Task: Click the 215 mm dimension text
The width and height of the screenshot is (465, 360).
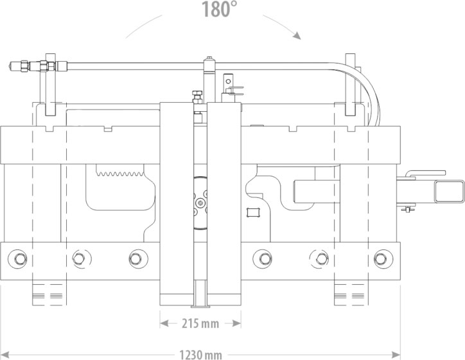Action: [200, 323]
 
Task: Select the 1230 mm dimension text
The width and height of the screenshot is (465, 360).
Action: [201, 355]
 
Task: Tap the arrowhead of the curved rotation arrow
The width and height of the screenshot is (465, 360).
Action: [297, 35]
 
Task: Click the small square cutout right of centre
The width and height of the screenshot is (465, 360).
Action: [254, 212]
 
